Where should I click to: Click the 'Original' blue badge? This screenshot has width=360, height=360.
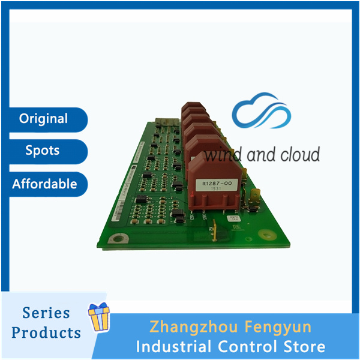point(43,119)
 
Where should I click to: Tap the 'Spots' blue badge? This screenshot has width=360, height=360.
point(43,151)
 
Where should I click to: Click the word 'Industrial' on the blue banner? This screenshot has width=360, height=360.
point(172,346)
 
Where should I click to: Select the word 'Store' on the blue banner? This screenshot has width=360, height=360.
point(304,346)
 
